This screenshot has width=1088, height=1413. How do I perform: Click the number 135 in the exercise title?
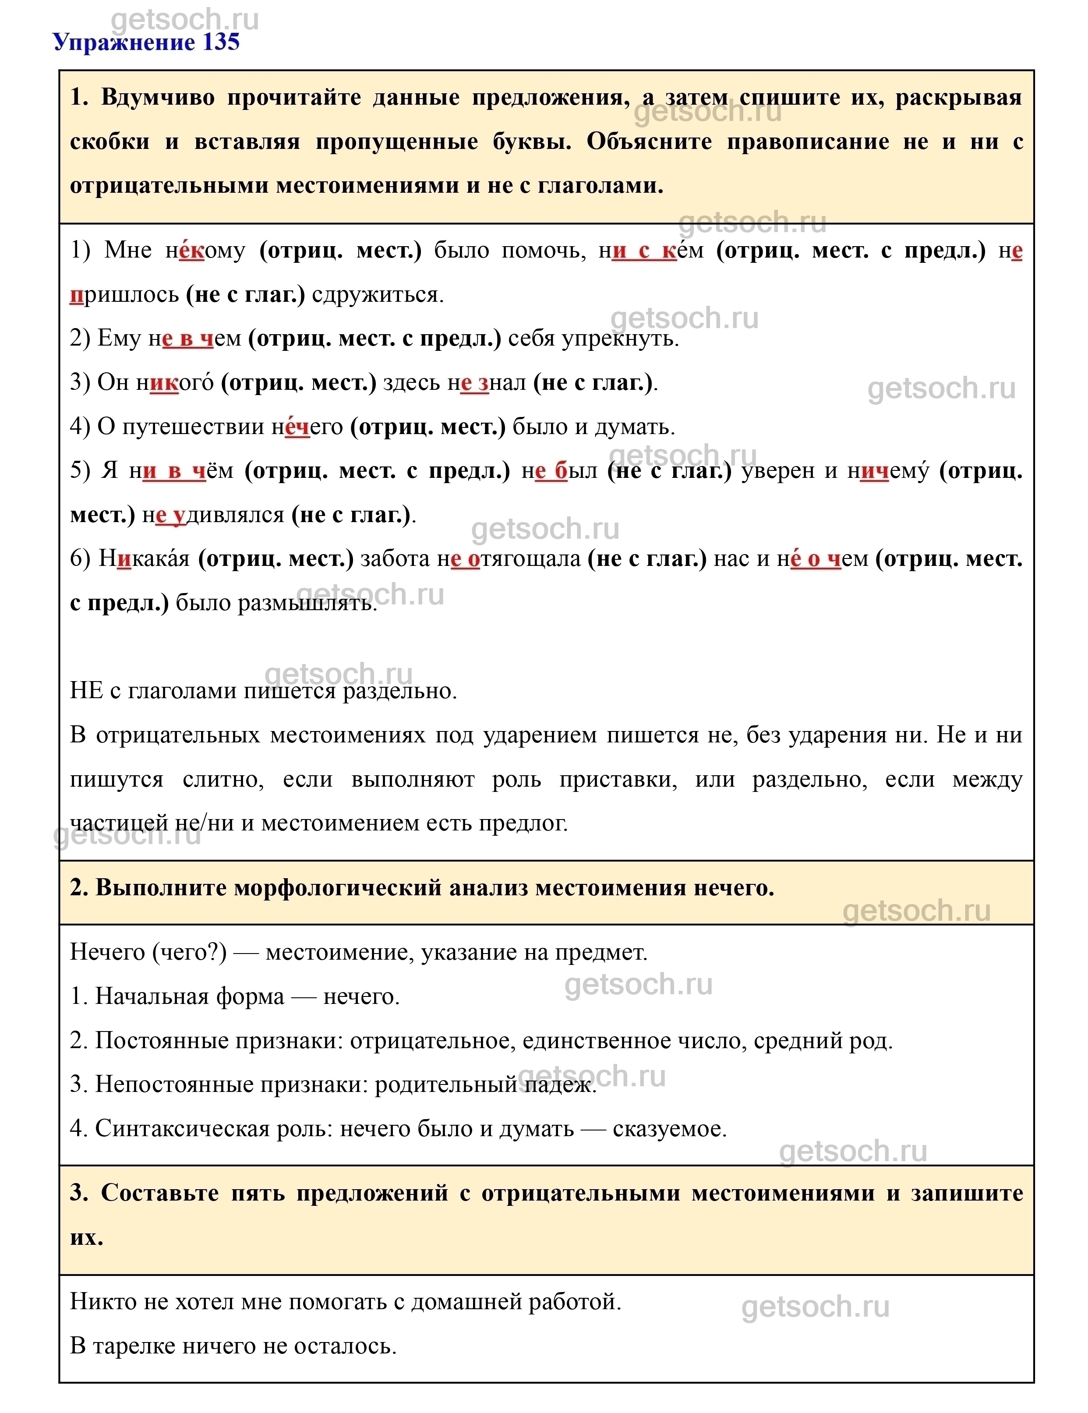tap(221, 42)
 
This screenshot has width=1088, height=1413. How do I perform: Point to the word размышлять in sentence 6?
tap(308, 603)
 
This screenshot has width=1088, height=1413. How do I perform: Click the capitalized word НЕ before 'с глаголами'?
tap(85, 691)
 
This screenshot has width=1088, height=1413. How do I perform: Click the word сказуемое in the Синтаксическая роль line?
tap(670, 1128)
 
